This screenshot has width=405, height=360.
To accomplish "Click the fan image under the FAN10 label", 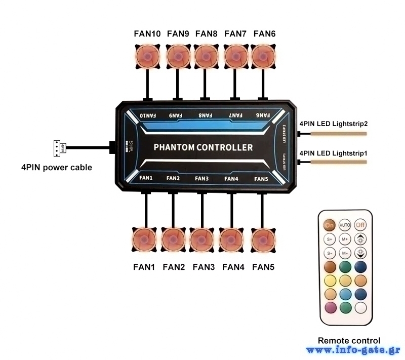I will coord(147,56).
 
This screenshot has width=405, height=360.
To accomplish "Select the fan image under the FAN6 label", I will coord(264,56).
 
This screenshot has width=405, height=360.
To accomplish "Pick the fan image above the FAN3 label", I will coord(203,239).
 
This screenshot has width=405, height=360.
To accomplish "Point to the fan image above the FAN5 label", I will coord(262,239).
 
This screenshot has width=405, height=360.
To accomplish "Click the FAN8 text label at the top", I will coord(206,34).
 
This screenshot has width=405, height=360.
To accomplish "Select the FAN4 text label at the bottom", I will coord(233,267).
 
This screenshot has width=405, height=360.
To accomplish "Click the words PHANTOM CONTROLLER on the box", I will coord(202,148).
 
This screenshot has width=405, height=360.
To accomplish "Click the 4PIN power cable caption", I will coord(56,167).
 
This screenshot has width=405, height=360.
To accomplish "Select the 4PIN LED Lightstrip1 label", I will coord(333,153).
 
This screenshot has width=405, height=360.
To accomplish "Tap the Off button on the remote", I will coord(360,224).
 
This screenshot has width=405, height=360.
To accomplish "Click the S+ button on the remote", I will coord(330,238).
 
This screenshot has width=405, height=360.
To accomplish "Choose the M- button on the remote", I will coord(345,253).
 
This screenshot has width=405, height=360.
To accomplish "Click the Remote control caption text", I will coord(349,341).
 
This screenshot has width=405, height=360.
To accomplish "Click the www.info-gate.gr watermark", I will coord(353,350).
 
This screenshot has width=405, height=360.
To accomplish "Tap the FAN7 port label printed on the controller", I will coord(233,116).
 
